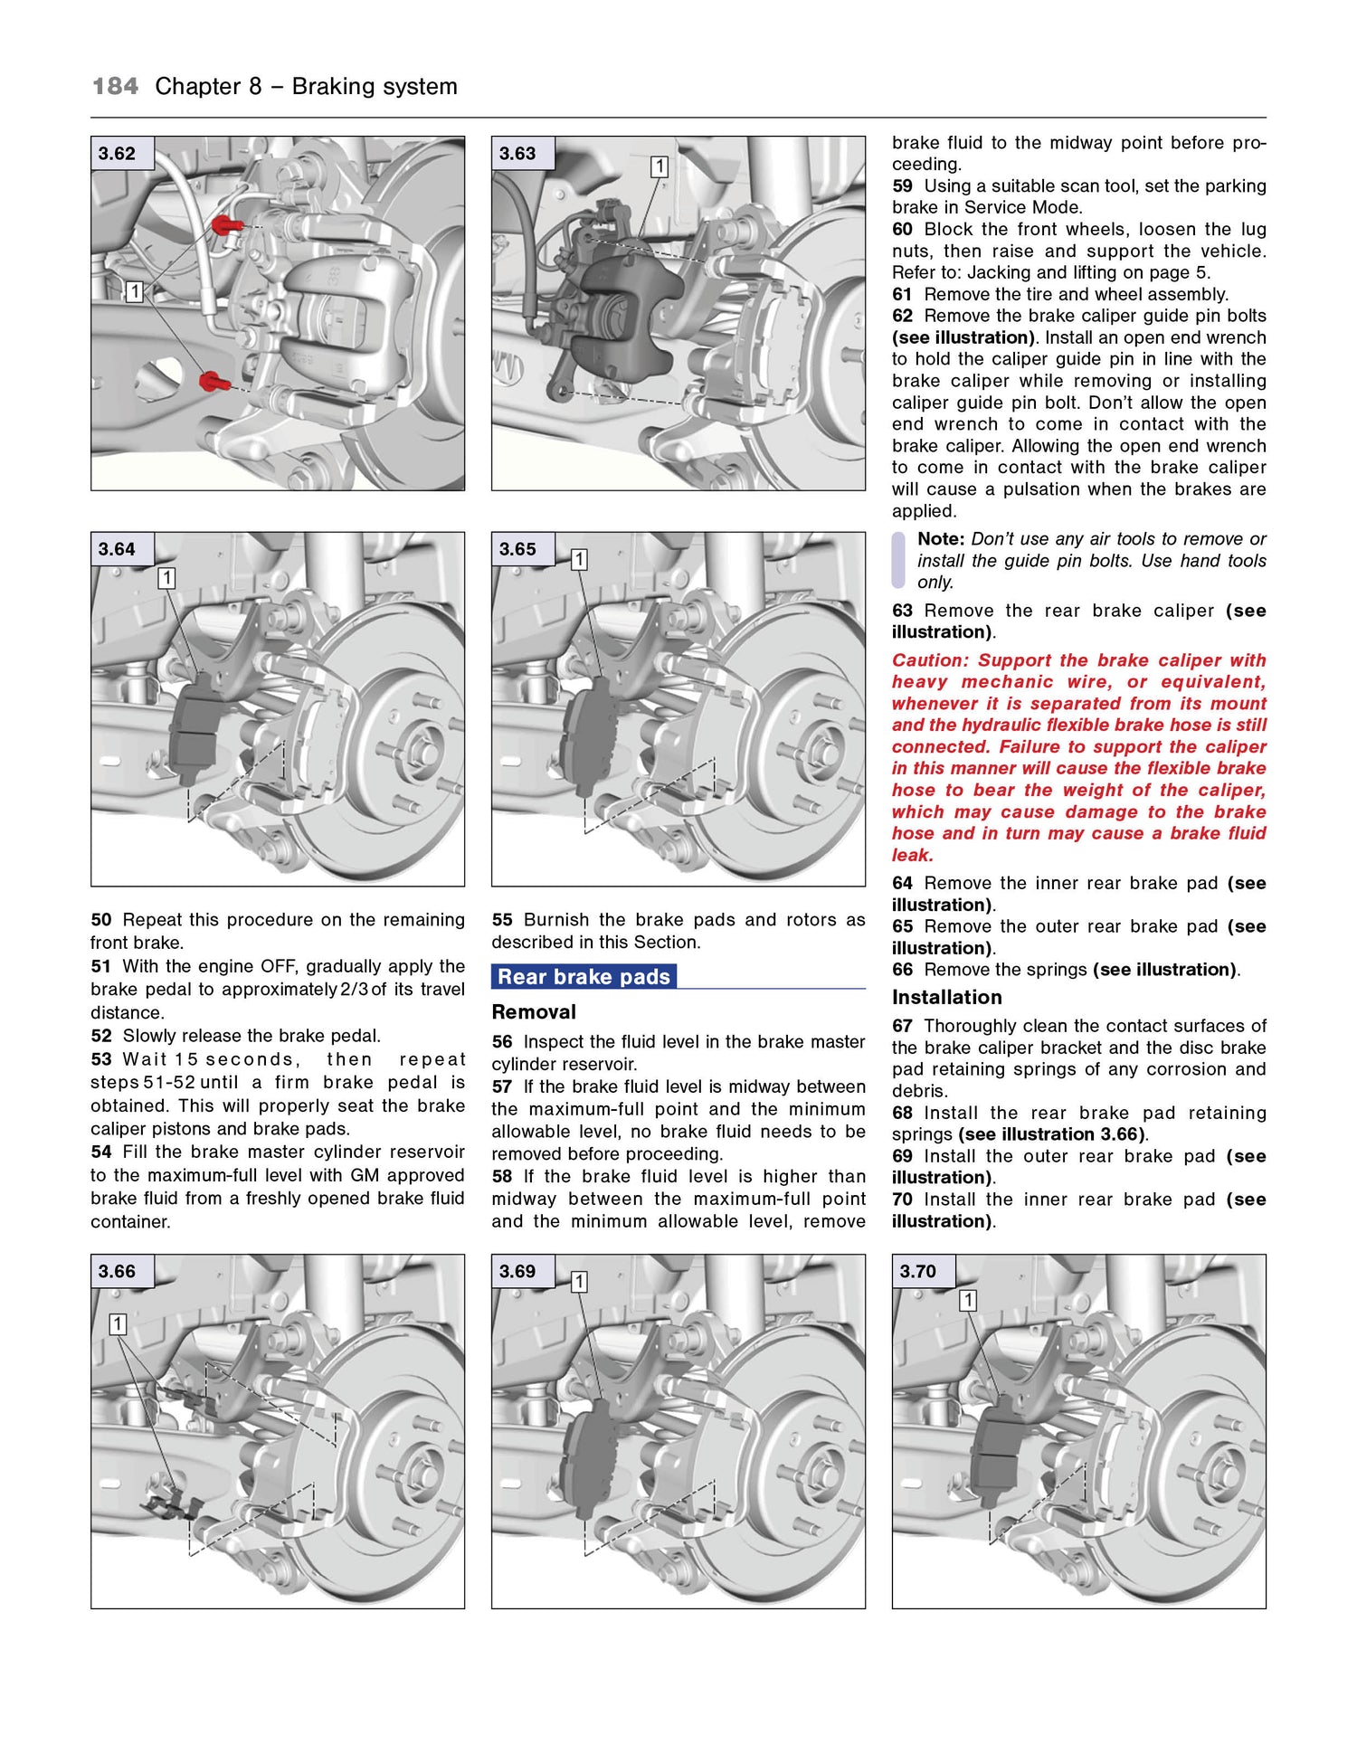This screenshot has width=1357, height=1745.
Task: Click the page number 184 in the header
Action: [x=115, y=87]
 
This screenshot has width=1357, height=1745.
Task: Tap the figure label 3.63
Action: [x=517, y=154]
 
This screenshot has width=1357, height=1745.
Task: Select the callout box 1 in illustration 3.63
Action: [x=660, y=166]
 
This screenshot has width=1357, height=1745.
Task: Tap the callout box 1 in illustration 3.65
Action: [x=579, y=560]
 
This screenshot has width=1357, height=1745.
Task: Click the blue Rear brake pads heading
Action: [x=584, y=977]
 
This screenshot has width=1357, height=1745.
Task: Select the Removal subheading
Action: [x=534, y=1012]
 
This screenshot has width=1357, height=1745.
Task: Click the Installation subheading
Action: [x=946, y=998]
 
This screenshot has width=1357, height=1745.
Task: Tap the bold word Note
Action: [x=940, y=539]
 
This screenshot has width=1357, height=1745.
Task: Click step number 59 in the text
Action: [x=902, y=186]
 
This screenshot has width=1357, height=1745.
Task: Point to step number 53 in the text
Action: [x=100, y=1059]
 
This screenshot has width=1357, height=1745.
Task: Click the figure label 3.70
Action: [x=917, y=1272]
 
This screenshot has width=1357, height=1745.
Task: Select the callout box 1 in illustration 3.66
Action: [x=118, y=1324]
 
